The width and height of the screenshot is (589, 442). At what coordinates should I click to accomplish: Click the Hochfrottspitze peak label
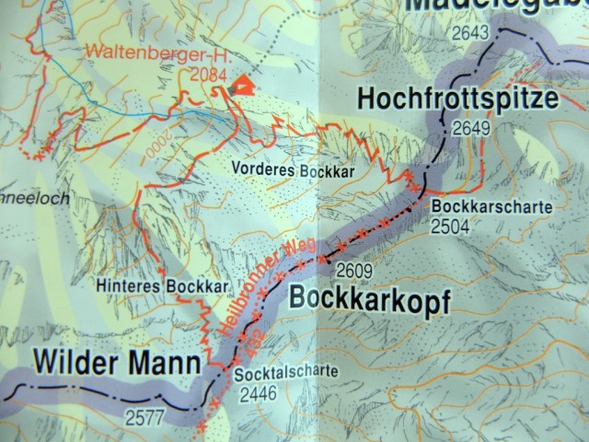(458, 99)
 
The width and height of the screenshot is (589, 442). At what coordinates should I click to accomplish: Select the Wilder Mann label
(117, 363)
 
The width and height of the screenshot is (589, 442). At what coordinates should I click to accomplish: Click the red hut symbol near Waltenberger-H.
(239, 86)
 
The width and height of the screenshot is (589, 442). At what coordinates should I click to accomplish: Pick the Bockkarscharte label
(491, 207)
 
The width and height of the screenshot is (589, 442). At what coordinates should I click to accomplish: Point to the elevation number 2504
(450, 227)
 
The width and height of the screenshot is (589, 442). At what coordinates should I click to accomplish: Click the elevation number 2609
(355, 271)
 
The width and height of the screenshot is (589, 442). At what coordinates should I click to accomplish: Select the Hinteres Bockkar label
(162, 286)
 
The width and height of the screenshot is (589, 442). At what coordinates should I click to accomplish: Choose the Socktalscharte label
(286, 373)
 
